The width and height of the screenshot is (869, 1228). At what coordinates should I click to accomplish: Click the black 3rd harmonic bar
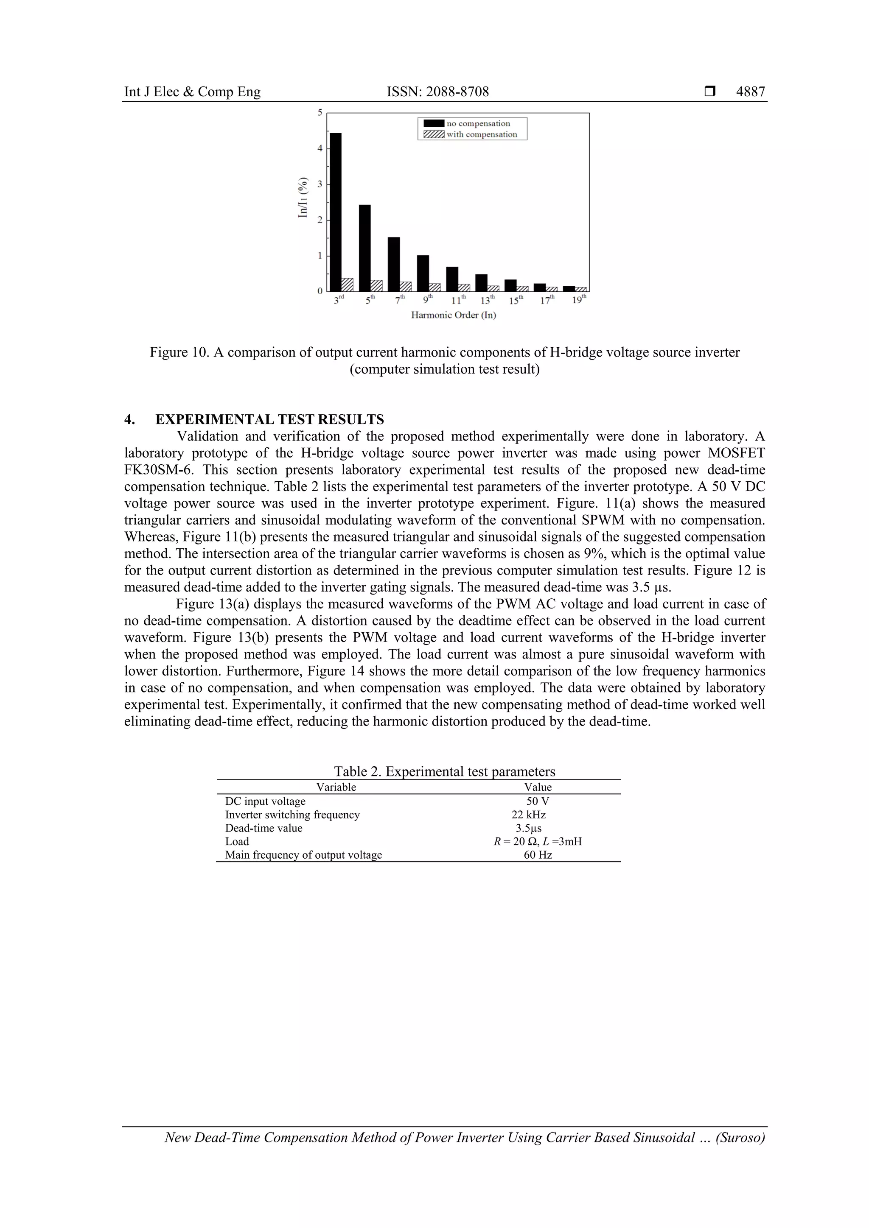coord(336,211)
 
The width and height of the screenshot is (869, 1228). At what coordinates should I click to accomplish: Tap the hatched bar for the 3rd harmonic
coord(347,285)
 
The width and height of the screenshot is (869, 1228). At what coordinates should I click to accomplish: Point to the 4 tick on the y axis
coord(320,148)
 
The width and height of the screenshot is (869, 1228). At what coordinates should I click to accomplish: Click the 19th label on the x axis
coord(579,300)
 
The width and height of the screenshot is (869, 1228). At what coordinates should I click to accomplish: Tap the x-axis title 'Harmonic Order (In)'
coord(453,315)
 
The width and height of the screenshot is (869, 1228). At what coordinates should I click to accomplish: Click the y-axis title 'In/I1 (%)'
coord(303,197)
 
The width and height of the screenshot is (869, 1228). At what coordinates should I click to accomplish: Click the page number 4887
coord(750,92)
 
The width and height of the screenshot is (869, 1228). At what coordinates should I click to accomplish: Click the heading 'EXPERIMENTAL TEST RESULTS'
coord(270,419)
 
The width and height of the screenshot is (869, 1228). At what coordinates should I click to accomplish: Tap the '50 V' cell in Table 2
coord(537,801)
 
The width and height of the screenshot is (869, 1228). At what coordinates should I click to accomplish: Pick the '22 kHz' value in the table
coord(528,815)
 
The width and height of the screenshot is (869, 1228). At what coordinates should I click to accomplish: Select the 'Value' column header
coord(537,787)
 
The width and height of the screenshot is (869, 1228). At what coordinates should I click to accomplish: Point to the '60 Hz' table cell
coord(537,855)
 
